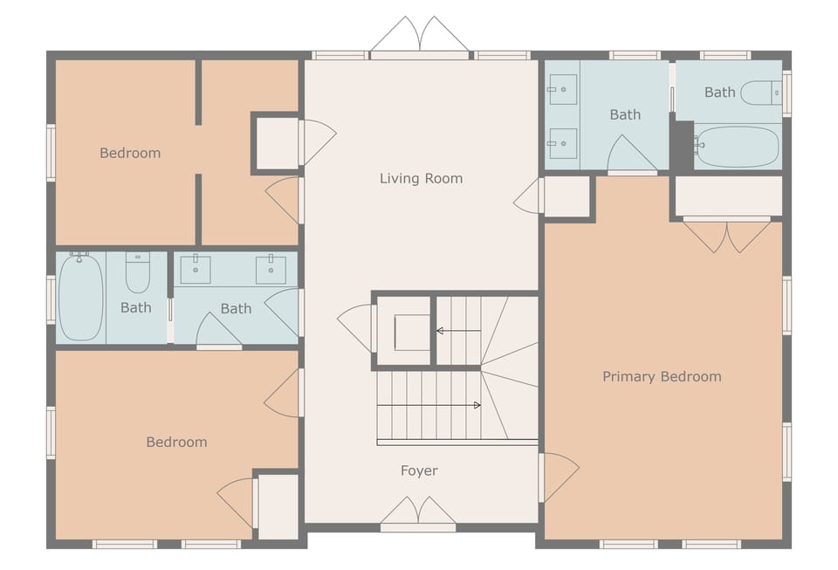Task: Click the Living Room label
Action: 421,178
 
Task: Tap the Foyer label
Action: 419,470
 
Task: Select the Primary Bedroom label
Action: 662,376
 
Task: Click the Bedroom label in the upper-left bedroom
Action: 130,153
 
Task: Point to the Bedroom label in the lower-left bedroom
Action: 176,442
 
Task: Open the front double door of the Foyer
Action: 418,514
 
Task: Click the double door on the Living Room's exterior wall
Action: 421,37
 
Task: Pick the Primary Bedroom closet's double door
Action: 726,235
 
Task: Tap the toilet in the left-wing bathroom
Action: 138,272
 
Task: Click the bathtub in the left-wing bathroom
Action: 80,297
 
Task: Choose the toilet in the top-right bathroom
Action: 760,93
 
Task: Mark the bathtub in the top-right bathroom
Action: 737,147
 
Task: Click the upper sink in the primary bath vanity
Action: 563,90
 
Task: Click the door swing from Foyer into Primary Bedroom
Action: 559,477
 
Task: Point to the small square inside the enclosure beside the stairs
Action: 411,332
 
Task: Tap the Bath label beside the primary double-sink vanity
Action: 625,114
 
